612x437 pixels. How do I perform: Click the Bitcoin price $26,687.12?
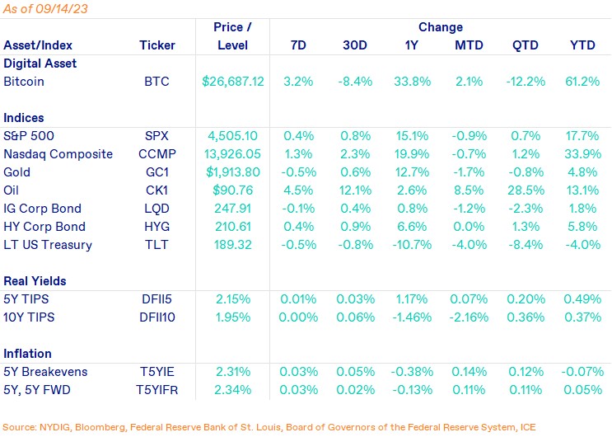(233, 82)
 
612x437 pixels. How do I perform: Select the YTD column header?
(583, 45)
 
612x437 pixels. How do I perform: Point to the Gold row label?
(17, 172)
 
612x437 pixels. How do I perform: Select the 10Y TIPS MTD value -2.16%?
(469, 317)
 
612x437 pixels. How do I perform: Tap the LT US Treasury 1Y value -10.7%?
(412, 244)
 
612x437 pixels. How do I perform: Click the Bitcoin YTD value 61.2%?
(583, 82)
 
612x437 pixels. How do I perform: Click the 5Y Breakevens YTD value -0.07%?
(582, 371)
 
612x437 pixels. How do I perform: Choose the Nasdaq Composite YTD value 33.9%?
(583, 153)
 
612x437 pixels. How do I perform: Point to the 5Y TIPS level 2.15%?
(233, 298)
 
